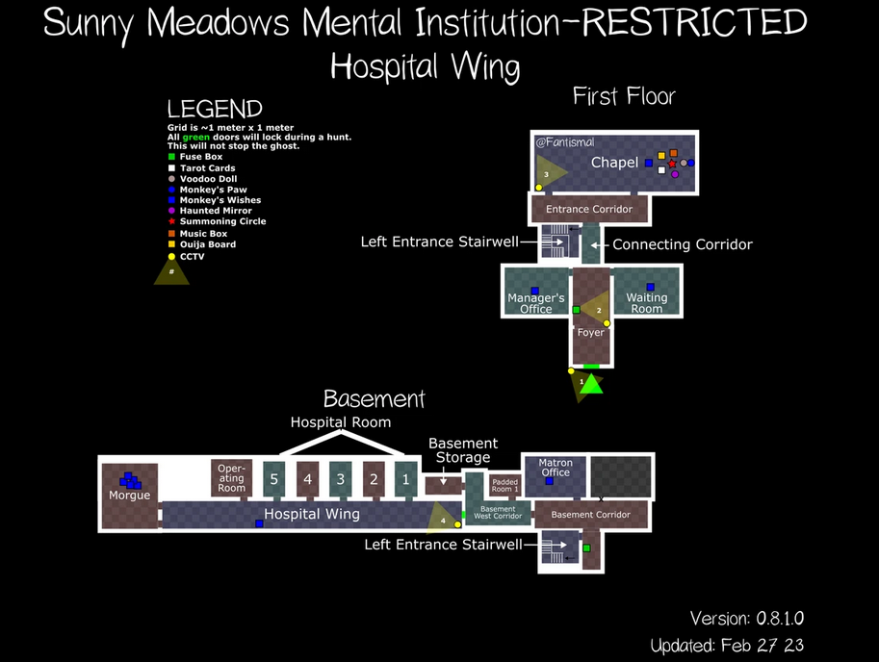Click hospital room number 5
(x=274, y=478)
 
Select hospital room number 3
(x=340, y=478)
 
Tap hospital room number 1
(x=405, y=478)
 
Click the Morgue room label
(x=129, y=496)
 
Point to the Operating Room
(x=231, y=477)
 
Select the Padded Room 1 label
(x=504, y=485)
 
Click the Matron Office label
(x=556, y=468)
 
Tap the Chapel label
(x=614, y=162)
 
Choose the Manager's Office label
(x=536, y=303)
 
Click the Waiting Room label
(x=647, y=303)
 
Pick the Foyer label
(x=590, y=333)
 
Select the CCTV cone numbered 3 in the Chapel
(x=550, y=172)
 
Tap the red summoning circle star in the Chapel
(x=672, y=164)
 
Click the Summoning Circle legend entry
(x=222, y=221)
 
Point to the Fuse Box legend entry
(x=200, y=157)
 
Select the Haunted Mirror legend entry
(x=216, y=211)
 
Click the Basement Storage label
(x=463, y=450)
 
